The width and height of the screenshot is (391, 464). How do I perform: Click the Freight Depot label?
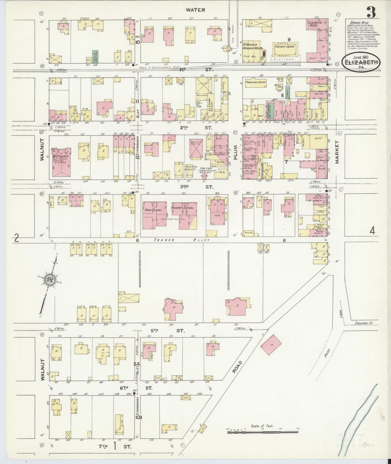(284, 47)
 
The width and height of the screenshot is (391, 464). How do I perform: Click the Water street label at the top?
(195, 10)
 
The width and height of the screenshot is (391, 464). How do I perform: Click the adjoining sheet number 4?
(373, 231)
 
